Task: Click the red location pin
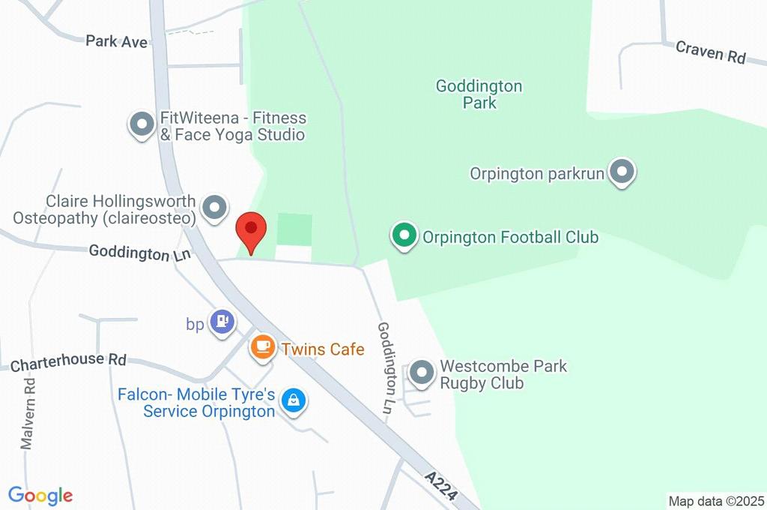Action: tap(251, 230)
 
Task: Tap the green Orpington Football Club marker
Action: tap(404, 237)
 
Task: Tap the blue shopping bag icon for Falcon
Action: tap(293, 401)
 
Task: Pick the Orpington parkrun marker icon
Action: tap(621, 172)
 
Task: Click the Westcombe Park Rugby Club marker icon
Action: tap(422, 373)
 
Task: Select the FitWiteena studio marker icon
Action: tap(141, 124)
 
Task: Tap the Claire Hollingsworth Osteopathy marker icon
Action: tap(215, 208)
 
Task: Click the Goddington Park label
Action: tap(479, 94)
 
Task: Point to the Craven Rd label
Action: tap(711, 52)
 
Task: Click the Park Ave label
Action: tap(116, 41)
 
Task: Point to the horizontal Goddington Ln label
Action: tap(139, 253)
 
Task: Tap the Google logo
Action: tap(40, 495)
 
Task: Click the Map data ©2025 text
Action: tap(717, 501)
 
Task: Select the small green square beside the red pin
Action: tap(294, 229)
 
